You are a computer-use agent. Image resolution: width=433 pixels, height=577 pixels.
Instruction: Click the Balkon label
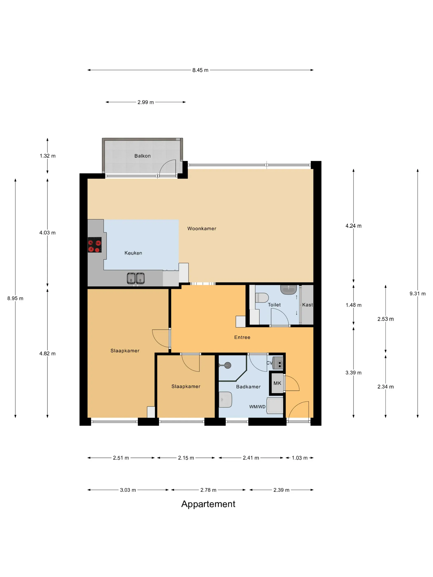pos(142,156)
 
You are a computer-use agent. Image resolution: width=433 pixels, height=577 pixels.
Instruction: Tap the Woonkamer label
pos(202,229)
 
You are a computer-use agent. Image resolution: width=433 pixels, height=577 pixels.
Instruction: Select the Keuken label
pos(133,253)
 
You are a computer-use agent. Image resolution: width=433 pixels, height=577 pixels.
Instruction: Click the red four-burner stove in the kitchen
pos(94,245)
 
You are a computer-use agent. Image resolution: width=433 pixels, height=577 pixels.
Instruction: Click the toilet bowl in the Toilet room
pos(262,298)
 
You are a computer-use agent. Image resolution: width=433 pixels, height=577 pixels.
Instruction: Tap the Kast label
pos(307,305)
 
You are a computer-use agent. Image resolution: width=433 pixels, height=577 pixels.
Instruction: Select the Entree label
pos(242,337)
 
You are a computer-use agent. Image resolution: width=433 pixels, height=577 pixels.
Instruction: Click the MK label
pos(277,383)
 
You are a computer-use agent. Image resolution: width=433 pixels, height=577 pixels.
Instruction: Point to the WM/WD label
pos(257,407)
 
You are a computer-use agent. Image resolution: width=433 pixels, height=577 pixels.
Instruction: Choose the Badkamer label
pos(248,387)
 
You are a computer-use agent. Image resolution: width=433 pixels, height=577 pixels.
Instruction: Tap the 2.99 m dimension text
pos(145,102)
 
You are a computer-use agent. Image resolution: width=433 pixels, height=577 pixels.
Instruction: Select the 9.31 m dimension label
pos(417,293)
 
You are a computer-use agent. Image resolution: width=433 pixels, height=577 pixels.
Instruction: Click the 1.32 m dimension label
pos(47,156)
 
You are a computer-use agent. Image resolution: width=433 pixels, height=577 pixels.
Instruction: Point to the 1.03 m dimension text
pos(299,458)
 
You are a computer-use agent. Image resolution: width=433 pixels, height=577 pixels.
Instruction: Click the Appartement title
pos(208,504)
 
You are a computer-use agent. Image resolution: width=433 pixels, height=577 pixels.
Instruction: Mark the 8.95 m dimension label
pos(15,298)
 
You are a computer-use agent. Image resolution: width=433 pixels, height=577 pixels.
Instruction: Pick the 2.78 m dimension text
pos(208,490)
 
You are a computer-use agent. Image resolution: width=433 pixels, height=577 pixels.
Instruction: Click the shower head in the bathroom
pos(228,365)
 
